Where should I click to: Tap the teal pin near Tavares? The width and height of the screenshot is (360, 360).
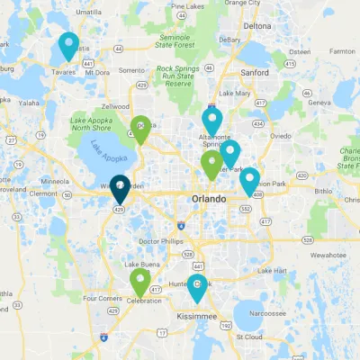[68, 44]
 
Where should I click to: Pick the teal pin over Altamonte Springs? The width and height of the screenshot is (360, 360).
[212, 120]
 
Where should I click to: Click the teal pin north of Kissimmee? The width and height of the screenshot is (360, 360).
[197, 287]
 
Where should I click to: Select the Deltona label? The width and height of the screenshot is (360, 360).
[256, 26]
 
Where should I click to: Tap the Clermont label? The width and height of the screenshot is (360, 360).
[43, 193]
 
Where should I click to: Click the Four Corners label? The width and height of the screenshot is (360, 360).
[101, 298]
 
